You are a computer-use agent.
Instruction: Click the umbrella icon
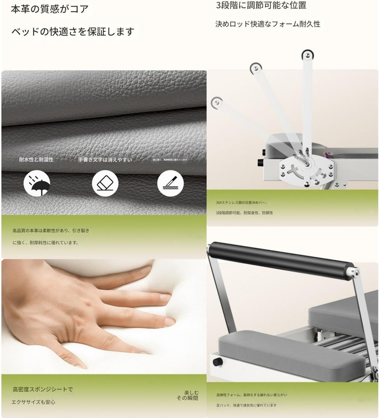pyautogui.click(x=37, y=183)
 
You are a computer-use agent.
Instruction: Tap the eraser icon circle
pyautogui.click(x=105, y=183)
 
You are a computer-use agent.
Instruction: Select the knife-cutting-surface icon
pyautogui.click(x=170, y=183)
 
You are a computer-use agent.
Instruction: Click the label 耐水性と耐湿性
pyautogui.click(x=36, y=159)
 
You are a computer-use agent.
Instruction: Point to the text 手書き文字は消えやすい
pyautogui.click(x=105, y=159)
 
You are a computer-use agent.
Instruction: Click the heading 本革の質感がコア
pyautogui.click(x=50, y=9)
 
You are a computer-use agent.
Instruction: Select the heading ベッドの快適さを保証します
pyautogui.click(x=73, y=31)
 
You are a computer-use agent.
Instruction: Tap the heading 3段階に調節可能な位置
pyautogui.click(x=261, y=5)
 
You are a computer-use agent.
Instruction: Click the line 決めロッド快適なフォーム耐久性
pyautogui.click(x=268, y=24)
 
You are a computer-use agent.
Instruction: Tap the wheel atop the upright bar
pyautogui.click(x=307, y=56)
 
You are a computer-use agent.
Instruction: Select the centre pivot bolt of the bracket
pyautogui.click(x=307, y=164)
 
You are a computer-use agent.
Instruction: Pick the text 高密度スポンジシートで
pyautogui.click(x=43, y=389)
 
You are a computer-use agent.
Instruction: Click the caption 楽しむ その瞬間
pyautogui.click(x=187, y=395)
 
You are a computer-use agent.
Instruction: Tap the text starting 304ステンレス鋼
pyautogui.click(x=241, y=202)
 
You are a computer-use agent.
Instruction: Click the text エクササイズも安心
pyautogui.click(x=33, y=402)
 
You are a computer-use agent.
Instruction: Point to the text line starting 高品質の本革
pyautogui.click(x=51, y=231)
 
